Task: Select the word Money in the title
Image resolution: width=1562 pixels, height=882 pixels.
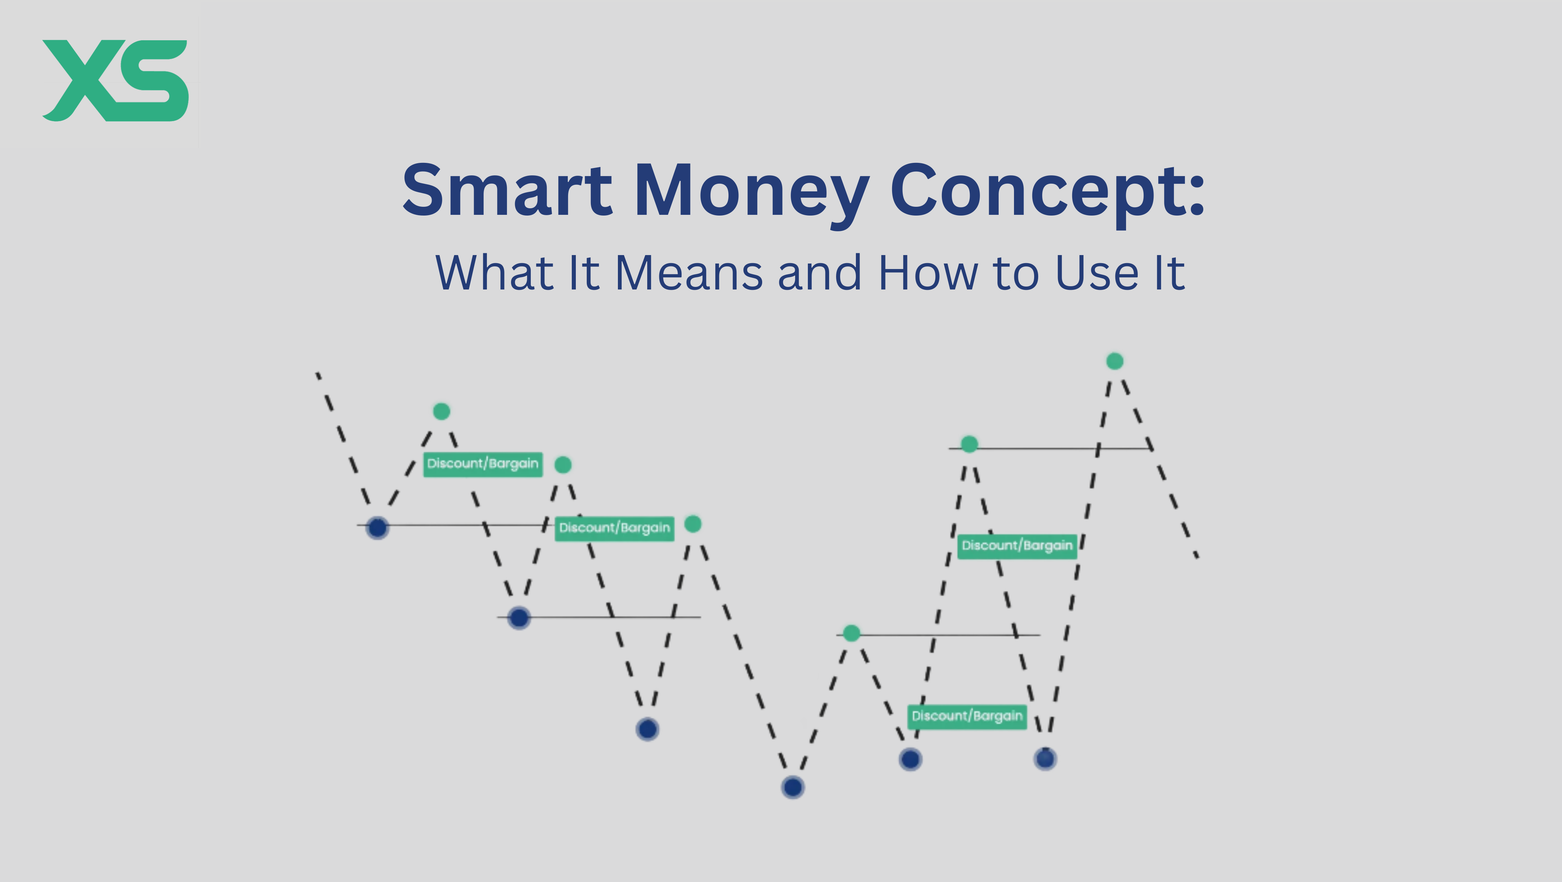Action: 752,194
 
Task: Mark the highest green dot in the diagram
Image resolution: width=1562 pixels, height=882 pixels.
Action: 1115,361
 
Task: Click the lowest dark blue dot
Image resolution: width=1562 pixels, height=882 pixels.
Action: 793,788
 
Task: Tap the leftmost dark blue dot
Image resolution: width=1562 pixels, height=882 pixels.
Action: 378,527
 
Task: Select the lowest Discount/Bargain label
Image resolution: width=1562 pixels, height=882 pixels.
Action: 967,717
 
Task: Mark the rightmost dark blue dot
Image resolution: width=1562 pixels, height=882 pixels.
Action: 1045,758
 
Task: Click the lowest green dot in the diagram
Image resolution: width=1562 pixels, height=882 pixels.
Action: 851,633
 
